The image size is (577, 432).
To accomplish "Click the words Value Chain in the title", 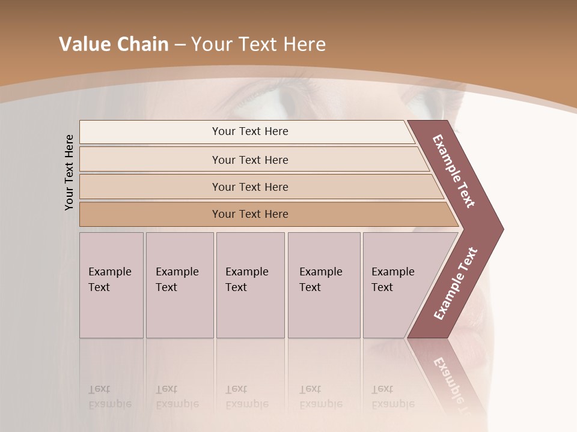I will pyautogui.click(x=114, y=44).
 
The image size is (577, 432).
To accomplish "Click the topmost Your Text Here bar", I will pyautogui.click(x=249, y=131).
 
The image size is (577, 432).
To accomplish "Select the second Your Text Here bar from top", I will pyautogui.click(x=249, y=160).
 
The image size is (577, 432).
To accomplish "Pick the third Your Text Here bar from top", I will pyautogui.click(x=249, y=187).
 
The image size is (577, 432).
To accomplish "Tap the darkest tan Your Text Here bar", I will pyautogui.click(x=249, y=214).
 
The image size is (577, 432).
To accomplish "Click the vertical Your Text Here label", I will pyautogui.click(x=69, y=172).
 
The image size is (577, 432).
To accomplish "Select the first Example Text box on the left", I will pyautogui.click(x=111, y=285).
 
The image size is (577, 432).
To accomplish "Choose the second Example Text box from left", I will pyautogui.click(x=179, y=285).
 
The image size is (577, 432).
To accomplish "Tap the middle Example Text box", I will pyautogui.click(x=250, y=285).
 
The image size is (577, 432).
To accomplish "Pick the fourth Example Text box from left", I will pyautogui.click(x=323, y=285).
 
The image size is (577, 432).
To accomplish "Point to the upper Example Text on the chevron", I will pyautogui.click(x=454, y=172).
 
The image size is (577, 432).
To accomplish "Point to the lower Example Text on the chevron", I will pyautogui.click(x=456, y=284).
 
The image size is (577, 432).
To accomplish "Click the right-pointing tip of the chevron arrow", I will pyautogui.click(x=500, y=229).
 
